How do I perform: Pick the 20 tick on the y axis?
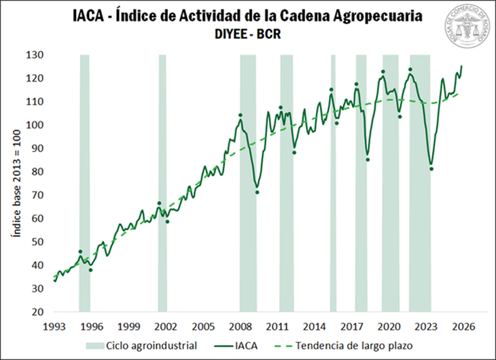pos(38,312)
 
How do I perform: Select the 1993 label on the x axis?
pos(55,325)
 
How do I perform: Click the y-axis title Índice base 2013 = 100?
pos(16,183)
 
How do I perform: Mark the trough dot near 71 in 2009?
pos(257,192)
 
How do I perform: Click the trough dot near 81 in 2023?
pos(431,169)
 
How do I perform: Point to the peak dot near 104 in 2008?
pos(241,115)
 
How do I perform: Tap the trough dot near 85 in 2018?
pos(368,160)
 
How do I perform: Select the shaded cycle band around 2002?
pos(162,183)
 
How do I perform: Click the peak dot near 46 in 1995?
pos(80,252)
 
